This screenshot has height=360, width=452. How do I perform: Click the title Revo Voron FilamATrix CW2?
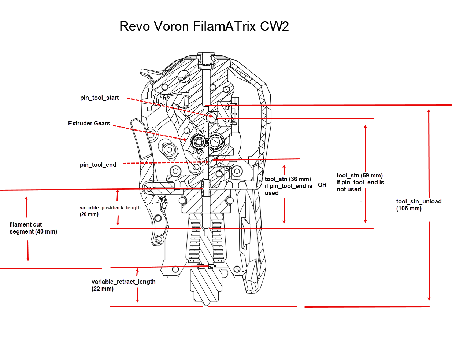(x=204, y=26)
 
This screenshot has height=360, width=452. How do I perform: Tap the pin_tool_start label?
(x=99, y=98)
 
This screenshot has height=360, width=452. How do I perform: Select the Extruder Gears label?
(x=89, y=124)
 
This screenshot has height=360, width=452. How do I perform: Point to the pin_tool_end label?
(x=98, y=165)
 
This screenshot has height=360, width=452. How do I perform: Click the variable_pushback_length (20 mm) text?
(x=110, y=211)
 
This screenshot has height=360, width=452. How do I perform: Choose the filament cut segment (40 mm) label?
(x=33, y=228)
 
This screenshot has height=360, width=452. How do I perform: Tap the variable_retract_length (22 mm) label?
(x=123, y=285)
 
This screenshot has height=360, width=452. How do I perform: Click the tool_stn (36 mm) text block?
(x=288, y=186)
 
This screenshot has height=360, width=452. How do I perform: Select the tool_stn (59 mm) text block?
(x=360, y=182)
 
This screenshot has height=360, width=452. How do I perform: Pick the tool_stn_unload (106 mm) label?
(x=419, y=205)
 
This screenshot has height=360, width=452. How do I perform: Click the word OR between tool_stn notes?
(x=322, y=185)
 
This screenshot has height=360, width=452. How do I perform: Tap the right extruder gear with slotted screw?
(x=215, y=142)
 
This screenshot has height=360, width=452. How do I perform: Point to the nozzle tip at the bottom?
(x=206, y=303)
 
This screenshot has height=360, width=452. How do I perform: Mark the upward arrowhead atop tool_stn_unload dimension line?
(x=429, y=111)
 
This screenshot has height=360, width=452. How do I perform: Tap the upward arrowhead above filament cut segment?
(x=26, y=199)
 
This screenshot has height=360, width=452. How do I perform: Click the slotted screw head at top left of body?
(x=184, y=76)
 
